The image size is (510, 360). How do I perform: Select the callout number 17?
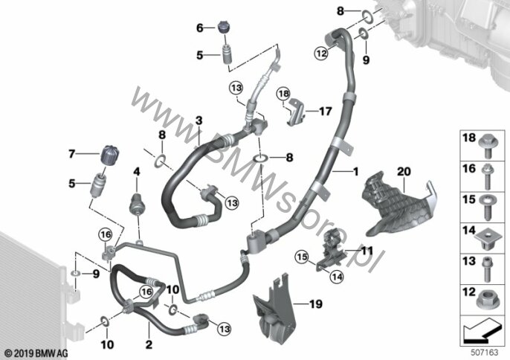[325, 112]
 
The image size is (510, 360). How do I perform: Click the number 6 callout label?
[199, 28]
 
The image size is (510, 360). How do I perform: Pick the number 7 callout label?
[73, 154]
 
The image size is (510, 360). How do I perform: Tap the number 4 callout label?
[136, 172]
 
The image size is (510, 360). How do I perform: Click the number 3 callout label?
[198, 120]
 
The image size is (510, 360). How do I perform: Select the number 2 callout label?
[148, 344]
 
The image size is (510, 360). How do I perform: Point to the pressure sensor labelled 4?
[136, 202]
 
